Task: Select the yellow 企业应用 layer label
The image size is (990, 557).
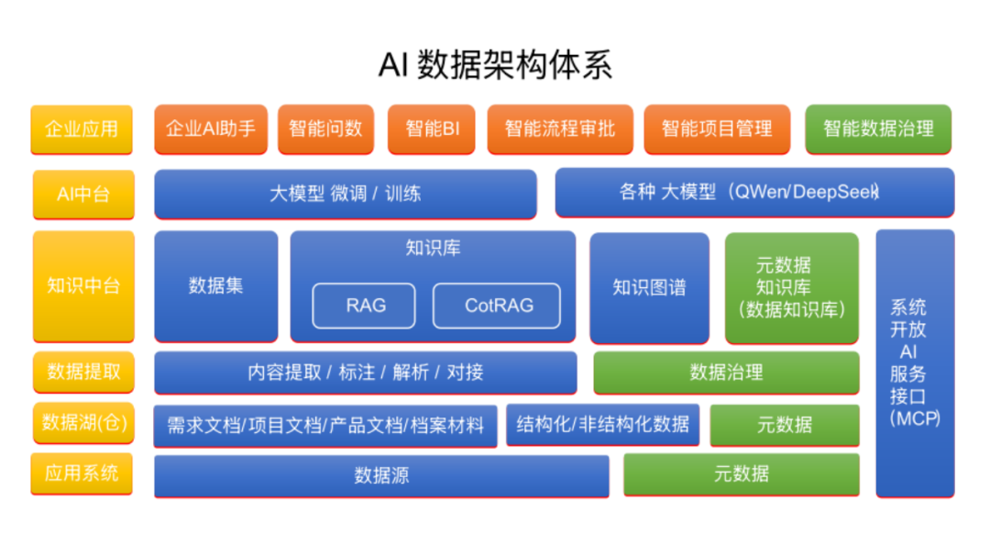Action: (x=82, y=129)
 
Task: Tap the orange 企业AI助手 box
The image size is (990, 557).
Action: (x=211, y=129)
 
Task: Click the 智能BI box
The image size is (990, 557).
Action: (x=433, y=129)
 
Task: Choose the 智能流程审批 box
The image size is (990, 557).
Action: (x=560, y=129)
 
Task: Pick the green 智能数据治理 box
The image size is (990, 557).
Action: (x=878, y=129)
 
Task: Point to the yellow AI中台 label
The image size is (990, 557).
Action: (x=83, y=195)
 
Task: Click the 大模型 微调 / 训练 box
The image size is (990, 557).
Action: (x=346, y=195)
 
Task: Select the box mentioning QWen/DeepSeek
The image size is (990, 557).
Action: (x=754, y=193)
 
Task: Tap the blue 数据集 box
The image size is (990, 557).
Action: (x=216, y=286)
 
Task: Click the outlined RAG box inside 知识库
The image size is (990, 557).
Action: (x=365, y=306)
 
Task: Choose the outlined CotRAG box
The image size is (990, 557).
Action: (x=498, y=306)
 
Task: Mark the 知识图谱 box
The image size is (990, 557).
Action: (x=649, y=287)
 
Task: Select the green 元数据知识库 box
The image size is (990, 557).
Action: (x=792, y=287)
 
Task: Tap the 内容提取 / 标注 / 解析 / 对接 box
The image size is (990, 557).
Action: (x=365, y=373)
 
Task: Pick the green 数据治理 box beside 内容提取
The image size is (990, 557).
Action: (x=726, y=373)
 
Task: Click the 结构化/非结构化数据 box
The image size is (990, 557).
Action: (x=602, y=424)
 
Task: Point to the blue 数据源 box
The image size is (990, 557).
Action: (x=381, y=475)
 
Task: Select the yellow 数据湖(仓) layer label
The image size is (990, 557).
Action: (x=83, y=423)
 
